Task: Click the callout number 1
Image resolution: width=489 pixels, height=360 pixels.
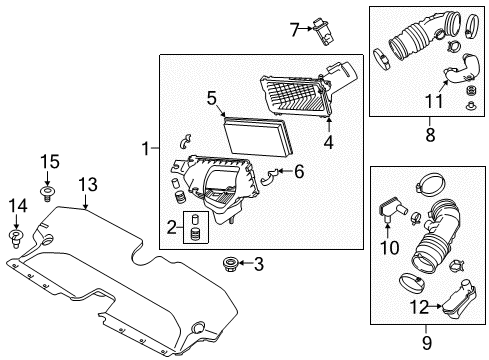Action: [x=145, y=149]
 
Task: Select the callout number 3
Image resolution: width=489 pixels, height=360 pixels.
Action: [x=258, y=265]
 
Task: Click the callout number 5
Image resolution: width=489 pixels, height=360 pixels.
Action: [x=210, y=98]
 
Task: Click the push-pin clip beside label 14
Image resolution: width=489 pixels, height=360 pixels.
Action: [x=17, y=236]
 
